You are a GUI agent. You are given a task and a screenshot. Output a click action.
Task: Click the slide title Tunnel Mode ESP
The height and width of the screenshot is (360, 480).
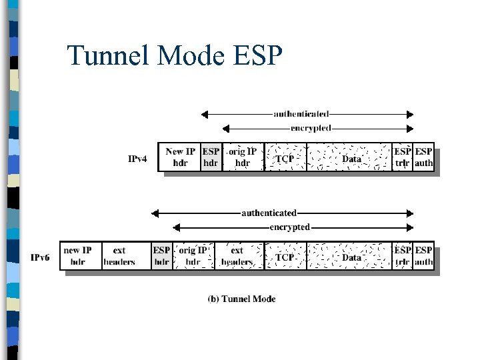click(175, 56)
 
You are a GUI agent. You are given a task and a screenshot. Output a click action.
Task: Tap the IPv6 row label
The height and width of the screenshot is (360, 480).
click(40, 257)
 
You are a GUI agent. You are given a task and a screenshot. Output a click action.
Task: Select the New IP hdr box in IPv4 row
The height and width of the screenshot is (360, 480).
click(179, 157)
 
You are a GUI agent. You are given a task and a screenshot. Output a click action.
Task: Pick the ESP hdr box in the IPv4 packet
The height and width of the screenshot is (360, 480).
click(211, 157)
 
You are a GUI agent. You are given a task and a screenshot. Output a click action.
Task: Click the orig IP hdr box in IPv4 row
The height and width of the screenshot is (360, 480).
click(243, 157)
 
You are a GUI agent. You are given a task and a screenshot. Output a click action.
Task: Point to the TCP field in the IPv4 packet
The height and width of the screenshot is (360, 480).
click(285, 158)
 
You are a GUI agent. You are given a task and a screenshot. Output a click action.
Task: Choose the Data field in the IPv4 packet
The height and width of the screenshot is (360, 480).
click(351, 158)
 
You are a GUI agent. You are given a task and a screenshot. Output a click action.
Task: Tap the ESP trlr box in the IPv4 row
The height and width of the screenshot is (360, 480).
click(402, 157)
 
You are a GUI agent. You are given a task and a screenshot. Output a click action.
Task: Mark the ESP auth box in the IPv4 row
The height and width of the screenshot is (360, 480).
click(423, 157)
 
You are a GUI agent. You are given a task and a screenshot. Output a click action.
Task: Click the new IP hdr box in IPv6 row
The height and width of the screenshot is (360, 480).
click(78, 256)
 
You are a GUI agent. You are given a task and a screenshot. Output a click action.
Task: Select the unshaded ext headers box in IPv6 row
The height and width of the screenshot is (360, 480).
click(119, 256)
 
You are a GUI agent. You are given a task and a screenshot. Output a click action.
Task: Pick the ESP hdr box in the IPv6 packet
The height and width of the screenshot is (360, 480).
click(161, 256)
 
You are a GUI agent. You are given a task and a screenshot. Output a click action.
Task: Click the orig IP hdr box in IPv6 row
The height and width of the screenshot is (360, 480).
click(193, 256)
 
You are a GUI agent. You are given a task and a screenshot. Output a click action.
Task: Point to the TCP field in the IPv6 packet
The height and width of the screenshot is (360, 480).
click(285, 257)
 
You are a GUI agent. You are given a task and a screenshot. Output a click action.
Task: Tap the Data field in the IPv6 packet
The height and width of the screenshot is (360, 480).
click(351, 257)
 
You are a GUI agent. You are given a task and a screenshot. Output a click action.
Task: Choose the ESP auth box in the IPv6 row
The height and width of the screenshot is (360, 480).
click(423, 256)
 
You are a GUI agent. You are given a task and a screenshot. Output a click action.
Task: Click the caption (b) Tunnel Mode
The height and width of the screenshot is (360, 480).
click(241, 299)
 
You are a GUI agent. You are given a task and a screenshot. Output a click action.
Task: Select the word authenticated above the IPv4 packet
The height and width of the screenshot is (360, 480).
click(301, 114)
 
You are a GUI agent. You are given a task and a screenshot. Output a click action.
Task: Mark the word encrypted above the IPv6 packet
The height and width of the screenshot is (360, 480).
click(289, 227)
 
